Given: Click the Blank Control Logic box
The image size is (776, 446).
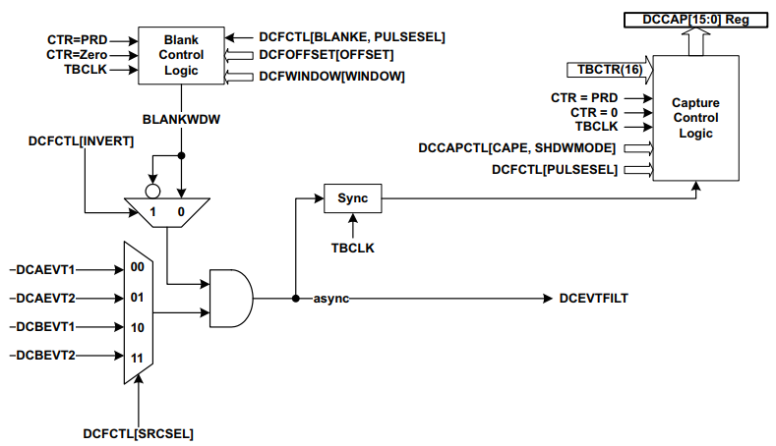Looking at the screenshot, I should (x=180, y=55).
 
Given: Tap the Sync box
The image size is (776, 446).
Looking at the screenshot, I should (x=351, y=197).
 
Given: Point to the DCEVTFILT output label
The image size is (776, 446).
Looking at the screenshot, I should (x=593, y=298).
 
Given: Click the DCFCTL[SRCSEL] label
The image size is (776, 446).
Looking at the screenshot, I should (x=137, y=431).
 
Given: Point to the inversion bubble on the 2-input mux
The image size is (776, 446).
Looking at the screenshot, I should (x=151, y=191).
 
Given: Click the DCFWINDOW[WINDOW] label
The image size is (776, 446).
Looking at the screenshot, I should (x=331, y=76).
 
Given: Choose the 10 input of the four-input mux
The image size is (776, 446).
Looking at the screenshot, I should (x=138, y=326).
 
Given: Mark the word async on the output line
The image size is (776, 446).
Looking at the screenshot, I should (x=330, y=298).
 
